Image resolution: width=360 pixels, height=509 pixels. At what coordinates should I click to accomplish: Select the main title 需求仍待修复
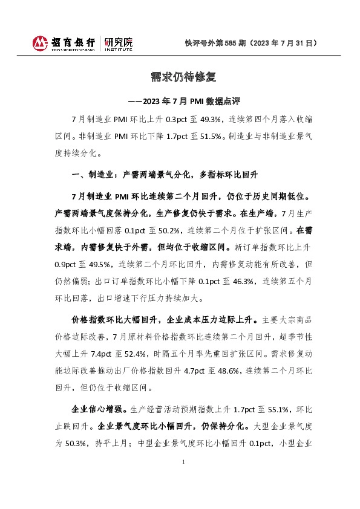[179, 77]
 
